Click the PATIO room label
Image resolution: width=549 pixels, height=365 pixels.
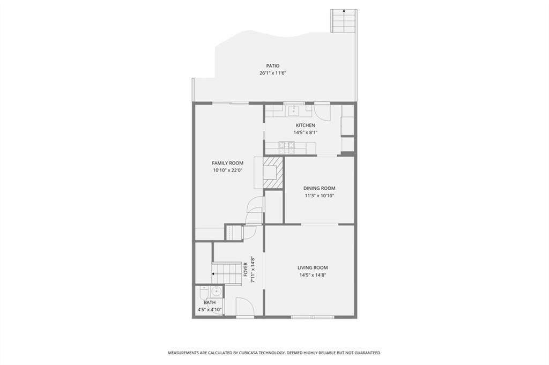click(x=273, y=66)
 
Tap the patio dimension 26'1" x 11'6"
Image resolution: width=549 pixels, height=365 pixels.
click(x=273, y=73)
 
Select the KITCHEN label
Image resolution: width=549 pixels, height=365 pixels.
click(x=305, y=125)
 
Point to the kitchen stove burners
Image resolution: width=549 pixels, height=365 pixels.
click(x=286, y=147)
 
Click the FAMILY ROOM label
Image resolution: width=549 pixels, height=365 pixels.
click(x=227, y=163)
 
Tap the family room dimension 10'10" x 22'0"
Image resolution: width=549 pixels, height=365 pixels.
click(x=227, y=170)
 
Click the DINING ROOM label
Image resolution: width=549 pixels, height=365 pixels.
click(x=320, y=188)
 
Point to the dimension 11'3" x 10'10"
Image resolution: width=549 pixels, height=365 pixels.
click(x=320, y=196)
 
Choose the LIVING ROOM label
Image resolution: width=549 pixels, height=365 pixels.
click(x=313, y=267)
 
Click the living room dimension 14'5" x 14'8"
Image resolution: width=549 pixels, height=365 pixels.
click(x=313, y=275)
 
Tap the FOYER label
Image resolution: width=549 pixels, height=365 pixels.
click(x=246, y=270)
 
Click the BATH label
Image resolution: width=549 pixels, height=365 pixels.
click(x=210, y=302)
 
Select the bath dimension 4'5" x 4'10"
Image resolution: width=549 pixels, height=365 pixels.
click(x=210, y=310)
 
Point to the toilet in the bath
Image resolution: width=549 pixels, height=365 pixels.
click(x=203, y=292)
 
